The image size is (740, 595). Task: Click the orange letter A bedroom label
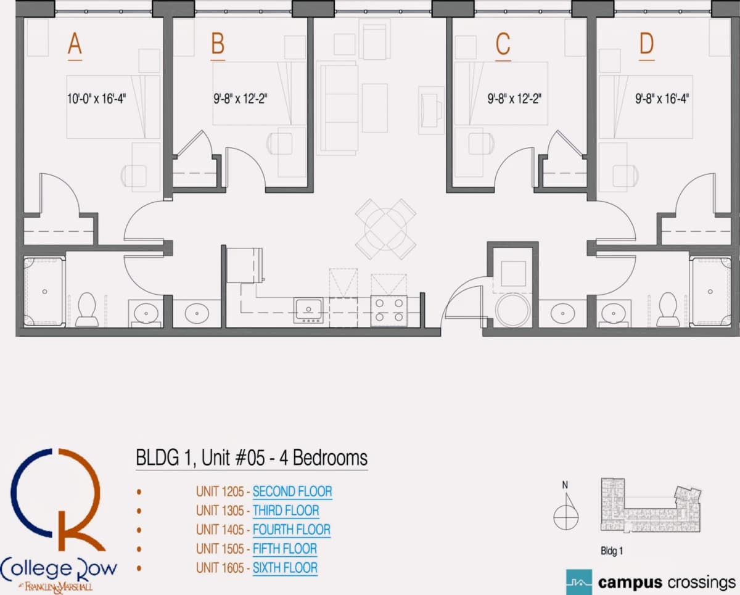point(75,44)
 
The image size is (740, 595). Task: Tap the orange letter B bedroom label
point(218,44)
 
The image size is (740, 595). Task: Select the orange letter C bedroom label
point(503,44)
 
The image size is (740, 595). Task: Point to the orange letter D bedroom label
point(646,44)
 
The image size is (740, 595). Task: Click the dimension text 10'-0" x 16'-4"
point(97,99)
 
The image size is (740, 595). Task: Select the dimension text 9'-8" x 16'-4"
point(662,99)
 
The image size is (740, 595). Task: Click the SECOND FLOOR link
point(292,491)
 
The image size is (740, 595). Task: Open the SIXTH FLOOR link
point(285,568)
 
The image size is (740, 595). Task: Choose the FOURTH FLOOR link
point(292,530)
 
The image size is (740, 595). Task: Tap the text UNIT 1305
point(220,511)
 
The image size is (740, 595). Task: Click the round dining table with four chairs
point(386,229)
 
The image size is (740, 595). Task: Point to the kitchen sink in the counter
point(308,311)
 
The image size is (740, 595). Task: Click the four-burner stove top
point(389,311)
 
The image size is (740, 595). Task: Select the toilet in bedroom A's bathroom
point(87,309)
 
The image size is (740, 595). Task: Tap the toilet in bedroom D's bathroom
point(668,309)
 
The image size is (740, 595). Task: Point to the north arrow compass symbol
point(566,508)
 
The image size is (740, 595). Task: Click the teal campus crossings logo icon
point(579,582)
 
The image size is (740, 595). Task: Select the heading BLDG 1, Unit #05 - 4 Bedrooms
point(252,458)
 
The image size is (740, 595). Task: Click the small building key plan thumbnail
point(651,504)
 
